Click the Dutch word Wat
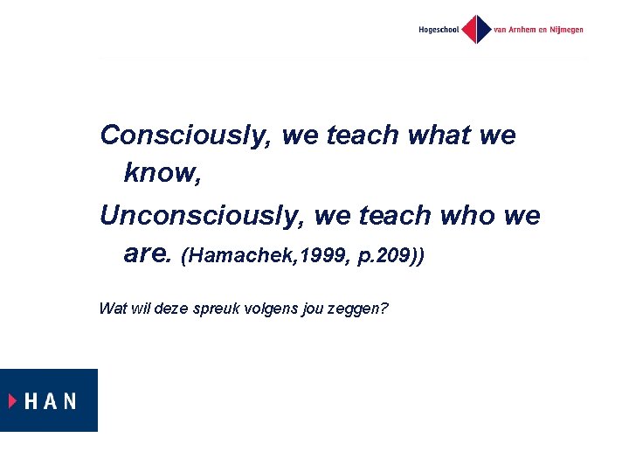pyautogui.click(x=112, y=308)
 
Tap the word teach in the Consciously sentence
pyautogui.click(x=362, y=135)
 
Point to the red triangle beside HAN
pyautogui.click(x=13, y=401)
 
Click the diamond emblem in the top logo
pyautogui.click(x=476, y=29)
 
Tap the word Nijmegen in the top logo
pyautogui.click(x=564, y=30)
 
